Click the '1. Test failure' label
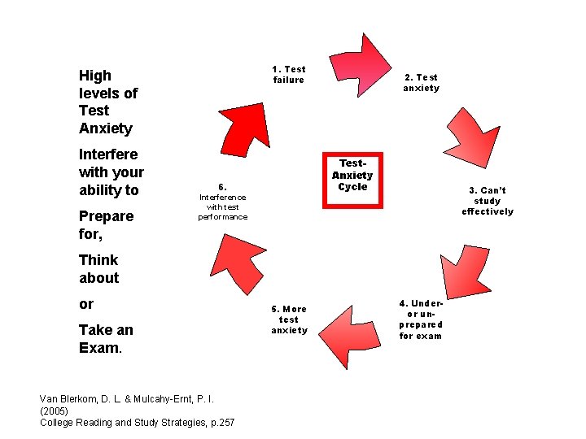(x=289, y=75)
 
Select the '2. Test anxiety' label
(x=421, y=83)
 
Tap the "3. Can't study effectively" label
(x=488, y=201)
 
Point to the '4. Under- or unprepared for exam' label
(x=421, y=319)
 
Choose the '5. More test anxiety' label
(x=290, y=319)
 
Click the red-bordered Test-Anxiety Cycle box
(x=352, y=180)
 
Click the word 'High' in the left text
(x=95, y=76)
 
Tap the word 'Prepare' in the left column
(x=106, y=216)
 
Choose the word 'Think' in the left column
(x=98, y=260)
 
